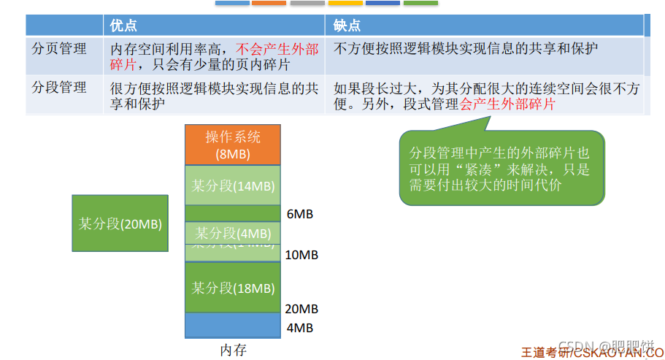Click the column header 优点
click(x=123, y=26)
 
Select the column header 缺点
click(x=347, y=26)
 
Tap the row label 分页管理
click(x=60, y=49)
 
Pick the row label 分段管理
click(x=60, y=88)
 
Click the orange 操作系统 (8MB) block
click(x=233, y=145)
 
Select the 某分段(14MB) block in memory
click(x=233, y=185)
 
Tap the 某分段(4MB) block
click(x=233, y=233)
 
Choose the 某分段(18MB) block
click(x=233, y=288)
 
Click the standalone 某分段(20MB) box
click(x=120, y=223)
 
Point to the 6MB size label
click(x=300, y=214)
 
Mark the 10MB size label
click(x=301, y=255)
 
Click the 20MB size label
click(x=301, y=309)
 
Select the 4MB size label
click(x=300, y=328)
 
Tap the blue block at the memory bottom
click(x=233, y=326)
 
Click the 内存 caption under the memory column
click(x=233, y=351)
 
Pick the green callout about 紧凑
click(x=501, y=168)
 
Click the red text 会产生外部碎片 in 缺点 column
click(x=507, y=104)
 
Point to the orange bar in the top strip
click(x=269, y=3)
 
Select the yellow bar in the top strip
click(x=345, y=3)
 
